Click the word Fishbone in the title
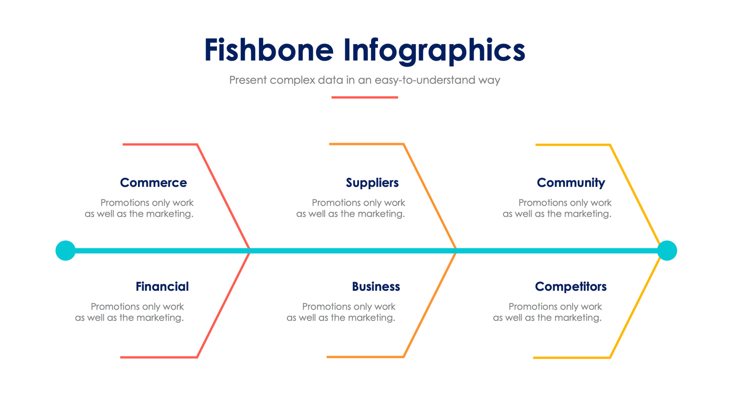click(268, 50)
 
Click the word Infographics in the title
click(434, 51)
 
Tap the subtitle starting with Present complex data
click(364, 80)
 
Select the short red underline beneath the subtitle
click(364, 97)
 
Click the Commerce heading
click(153, 183)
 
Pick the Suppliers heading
click(372, 183)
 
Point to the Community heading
click(570, 183)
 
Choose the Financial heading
click(162, 286)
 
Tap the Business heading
click(375, 286)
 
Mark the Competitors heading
click(570, 286)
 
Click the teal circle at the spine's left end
click(65, 250)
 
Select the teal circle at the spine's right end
click(666, 250)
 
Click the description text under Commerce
click(139, 208)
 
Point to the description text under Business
click(341, 312)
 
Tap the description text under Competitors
click(547, 312)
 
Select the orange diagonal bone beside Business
click(429, 305)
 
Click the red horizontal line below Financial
click(159, 357)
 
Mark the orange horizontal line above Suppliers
click(366, 144)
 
